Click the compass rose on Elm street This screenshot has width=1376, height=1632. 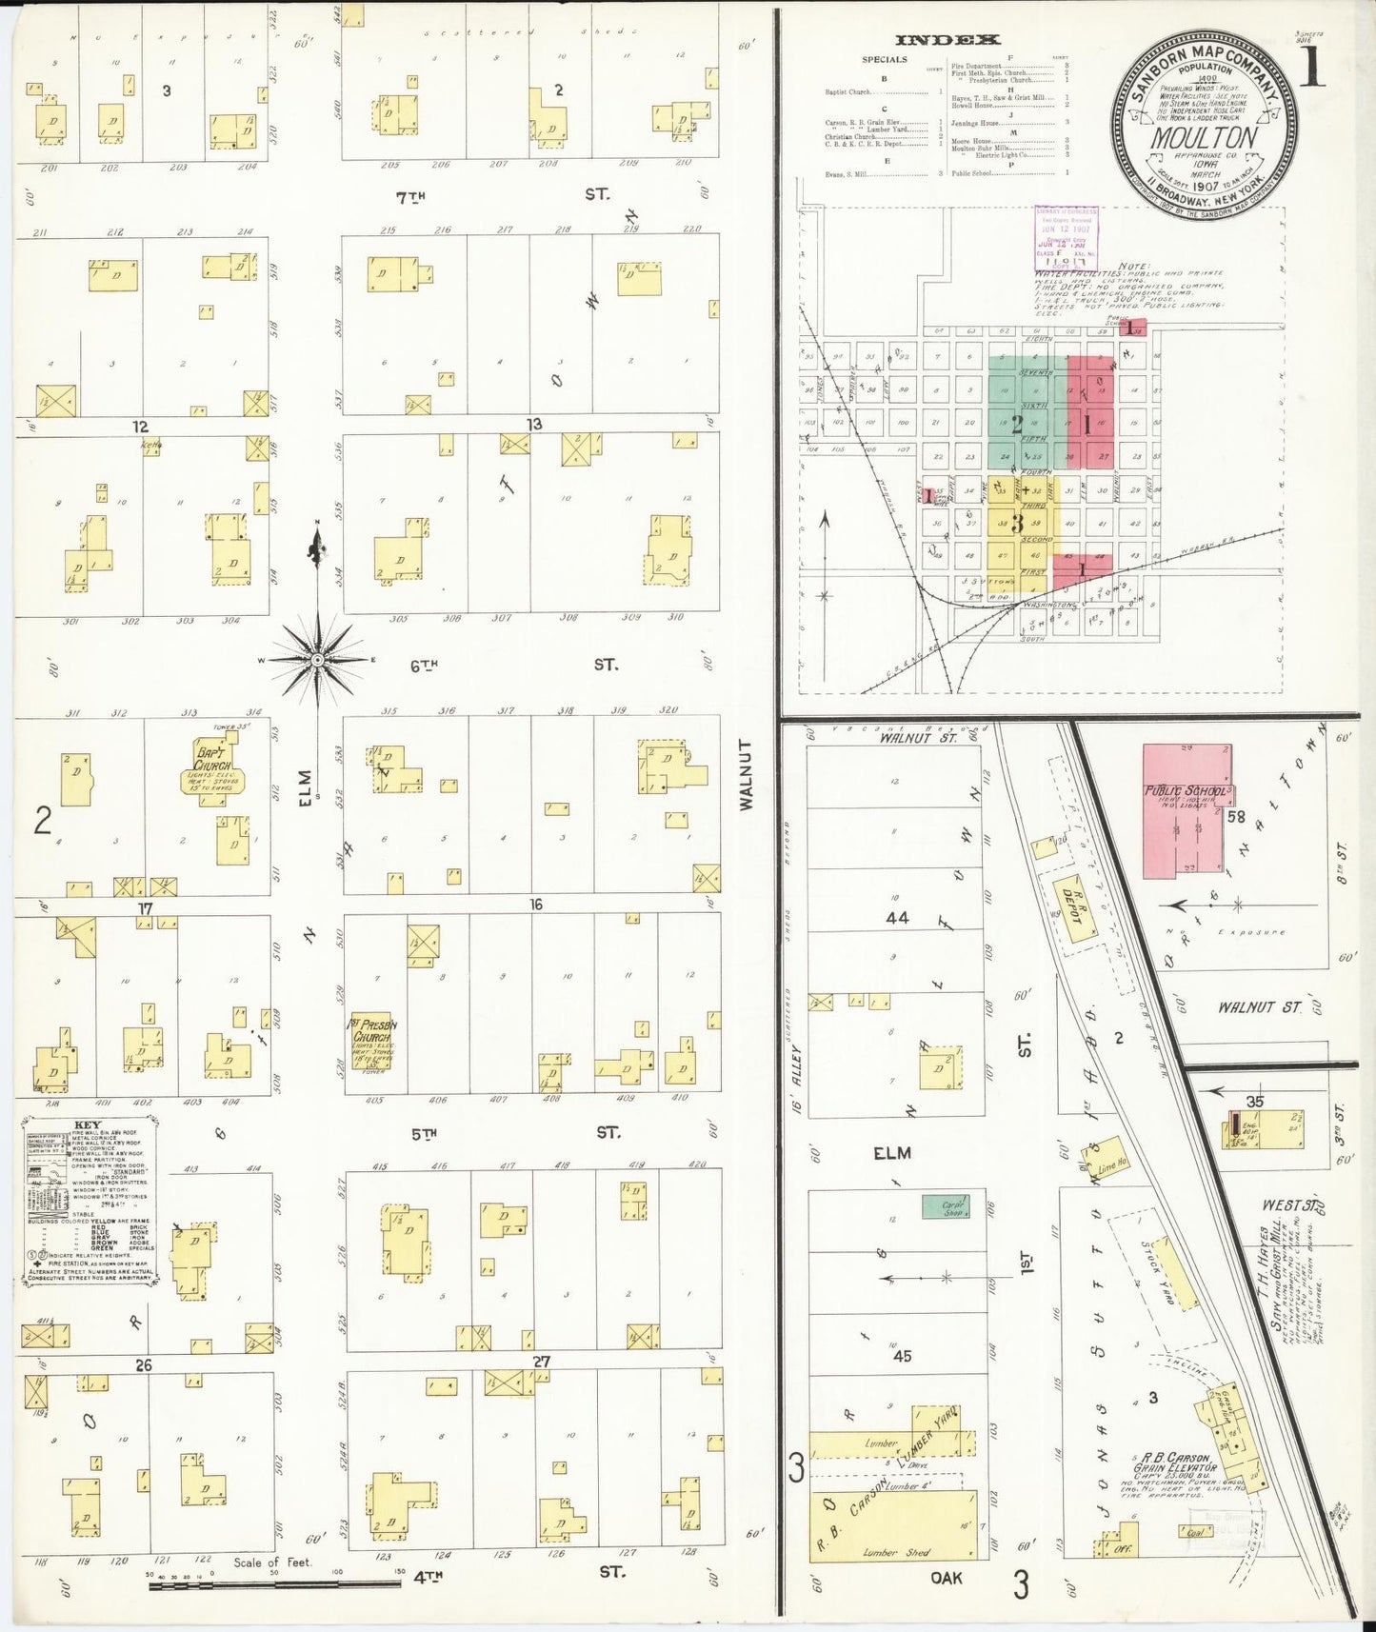pyautogui.click(x=317, y=657)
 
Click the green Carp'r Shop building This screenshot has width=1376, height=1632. pyautogui.click(x=946, y=1206)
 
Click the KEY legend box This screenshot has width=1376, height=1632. pyautogui.click(x=89, y=1204)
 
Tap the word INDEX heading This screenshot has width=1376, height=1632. pyautogui.click(x=947, y=39)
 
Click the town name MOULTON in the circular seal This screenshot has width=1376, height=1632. pyautogui.click(x=1204, y=138)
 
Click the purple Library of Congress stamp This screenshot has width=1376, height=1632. pyautogui.click(x=1066, y=238)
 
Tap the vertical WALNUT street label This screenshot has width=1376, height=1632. pyautogui.click(x=746, y=774)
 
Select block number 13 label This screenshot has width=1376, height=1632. pyautogui.click(x=534, y=424)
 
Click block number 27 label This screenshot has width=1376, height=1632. pyautogui.click(x=541, y=1362)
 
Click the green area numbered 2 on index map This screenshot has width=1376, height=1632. pyautogui.click(x=1017, y=423)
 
